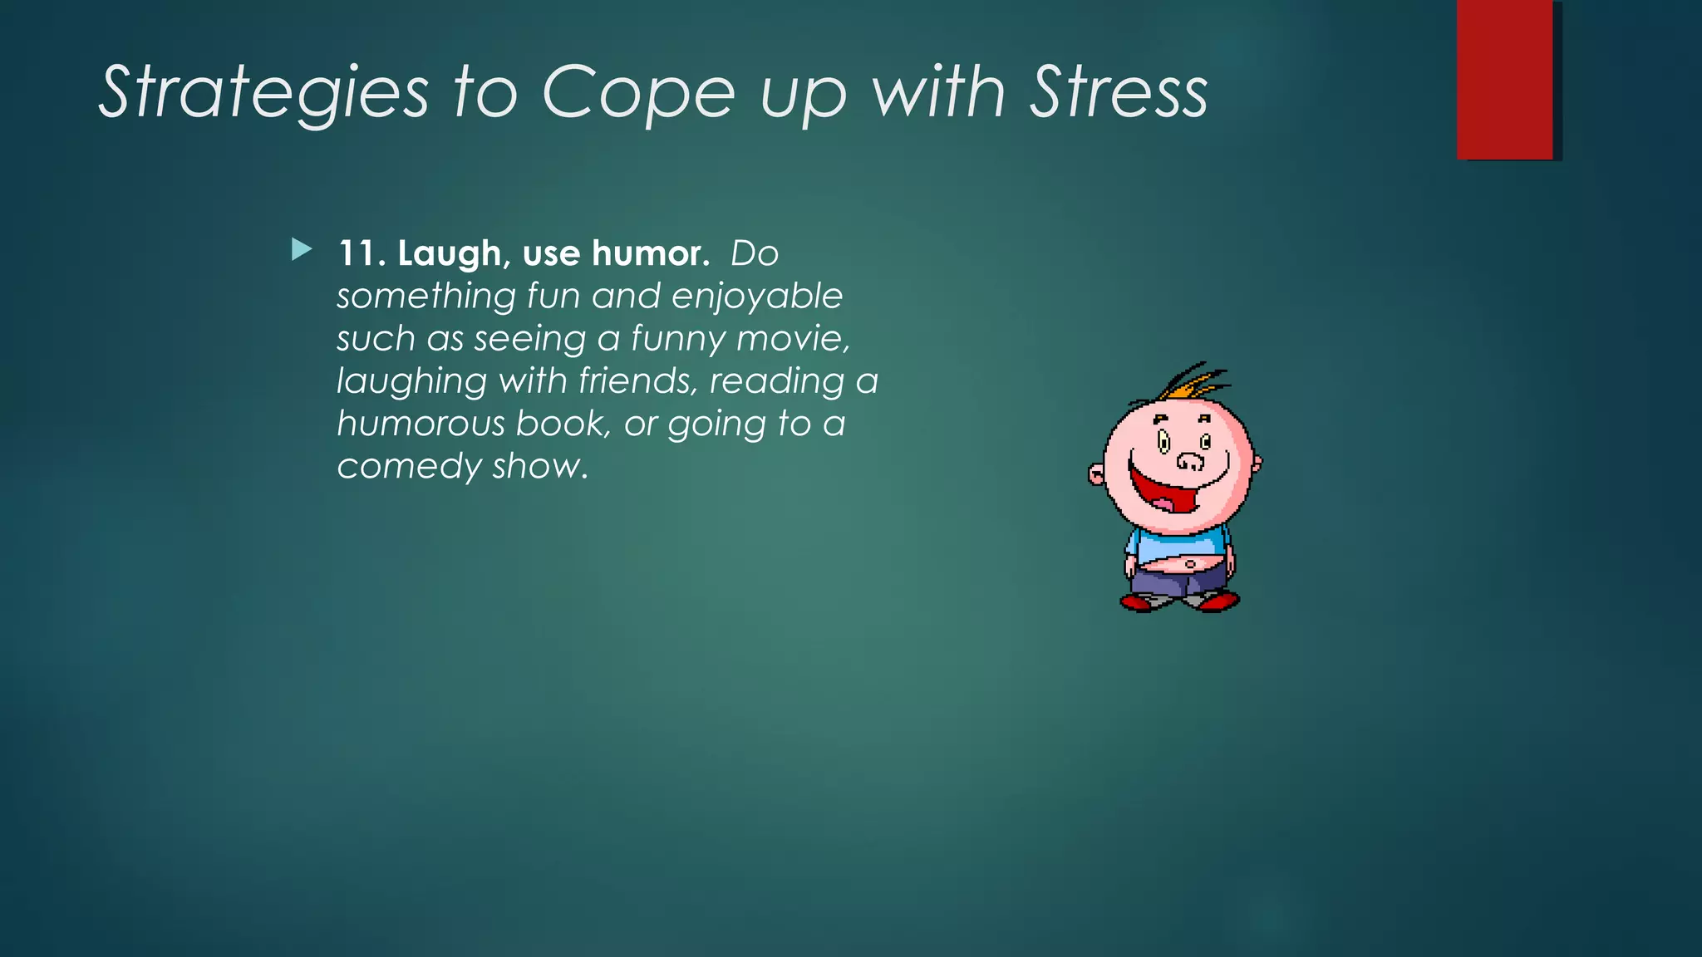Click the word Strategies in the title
pyautogui.click(x=264, y=93)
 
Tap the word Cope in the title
pyautogui.click(x=638, y=93)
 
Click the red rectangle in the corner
pyautogui.click(x=1504, y=79)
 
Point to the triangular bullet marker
pyautogui.click(x=302, y=249)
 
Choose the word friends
pyautogui.click(x=637, y=381)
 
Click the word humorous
pyautogui.click(x=421, y=424)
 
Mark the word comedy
pyautogui.click(x=408, y=467)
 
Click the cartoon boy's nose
pyautogui.click(x=1189, y=461)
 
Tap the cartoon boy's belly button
pyautogui.click(x=1191, y=565)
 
